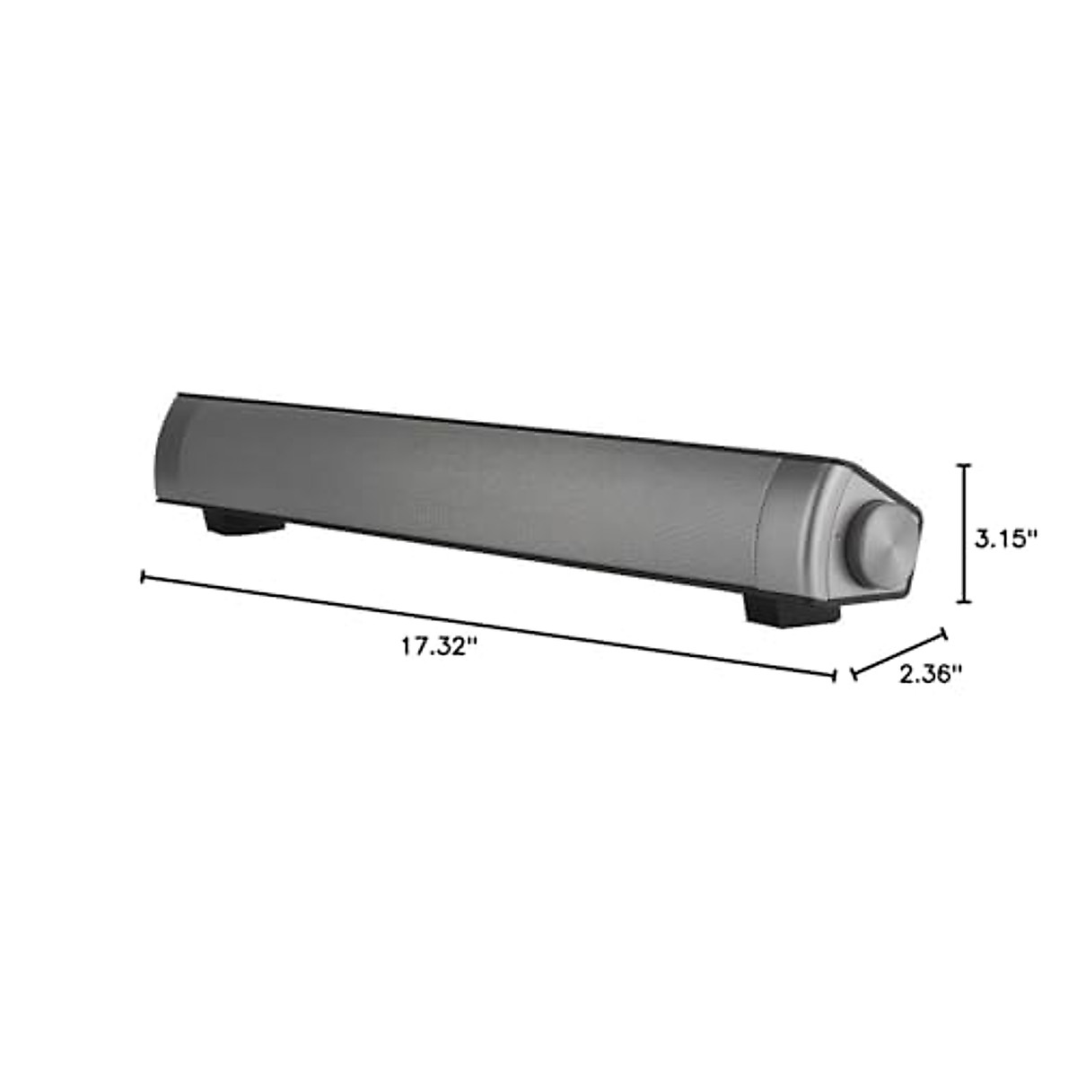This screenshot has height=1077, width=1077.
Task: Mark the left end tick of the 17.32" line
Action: [143, 577]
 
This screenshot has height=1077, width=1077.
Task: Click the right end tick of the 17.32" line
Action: [836, 675]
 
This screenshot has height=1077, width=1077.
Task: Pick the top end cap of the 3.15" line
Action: [965, 465]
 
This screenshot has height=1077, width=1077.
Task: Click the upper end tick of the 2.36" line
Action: [943, 634]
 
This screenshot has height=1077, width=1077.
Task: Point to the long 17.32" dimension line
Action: [489, 626]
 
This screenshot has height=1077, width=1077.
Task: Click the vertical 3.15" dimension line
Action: [965, 534]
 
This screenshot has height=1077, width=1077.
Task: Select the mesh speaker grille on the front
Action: [467, 485]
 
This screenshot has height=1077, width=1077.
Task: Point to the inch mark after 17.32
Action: [468, 641]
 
